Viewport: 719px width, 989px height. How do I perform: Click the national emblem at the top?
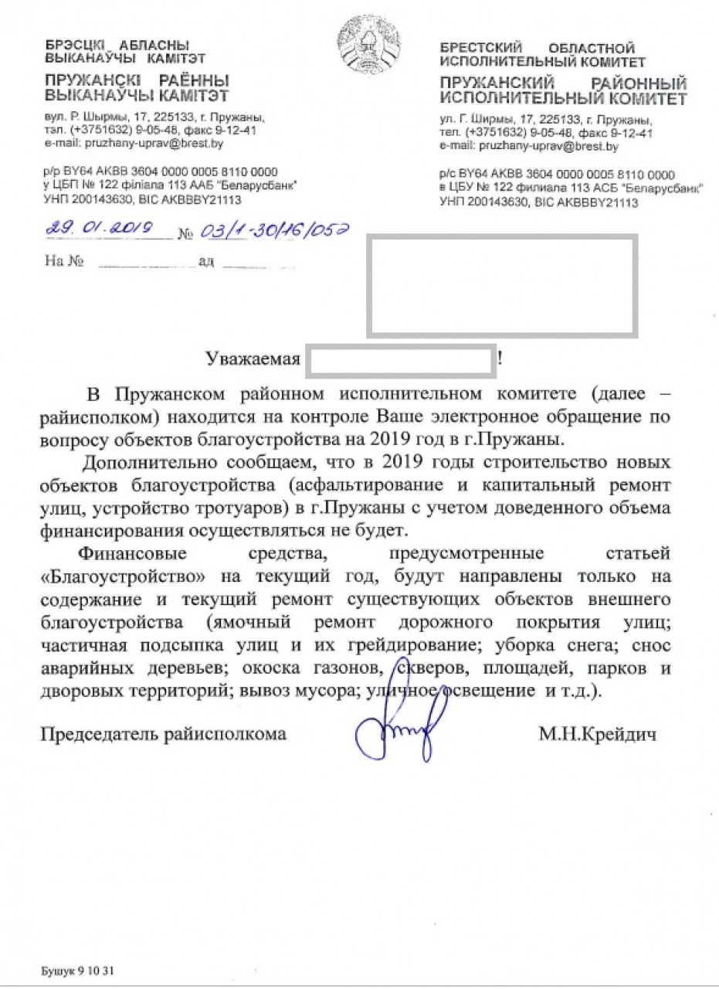pyautogui.click(x=369, y=46)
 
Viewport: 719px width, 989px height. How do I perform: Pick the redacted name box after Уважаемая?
pyautogui.click(x=402, y=359)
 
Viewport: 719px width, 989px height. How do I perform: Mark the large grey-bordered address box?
pyautogui.click(x=502, y=287)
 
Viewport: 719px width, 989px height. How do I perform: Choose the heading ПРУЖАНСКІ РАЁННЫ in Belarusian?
pyautogui.click(x=137, y=81)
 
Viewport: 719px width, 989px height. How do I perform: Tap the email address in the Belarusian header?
pyautogui.click(x=155, y=143)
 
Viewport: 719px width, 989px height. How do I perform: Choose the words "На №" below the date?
pyautogui.click(x=64, y=260)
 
